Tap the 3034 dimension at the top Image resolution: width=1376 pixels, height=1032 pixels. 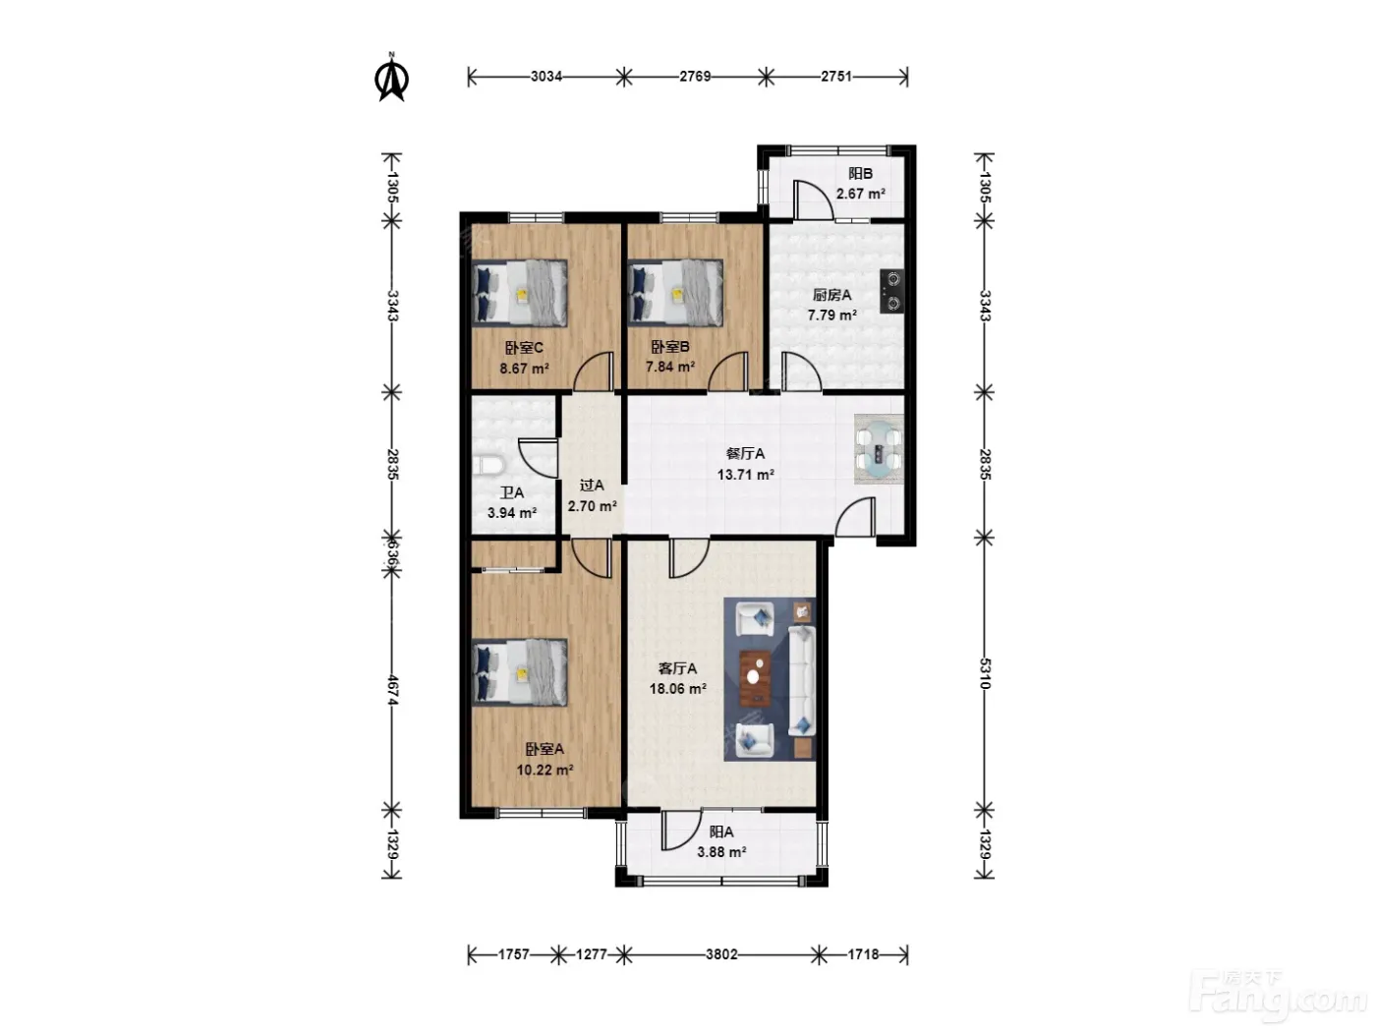coord(546,77)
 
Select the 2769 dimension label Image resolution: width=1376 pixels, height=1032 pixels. coord(695,77)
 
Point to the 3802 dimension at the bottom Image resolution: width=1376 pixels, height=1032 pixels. coord(721,954)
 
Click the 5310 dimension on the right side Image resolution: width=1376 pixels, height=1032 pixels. coord(984,673)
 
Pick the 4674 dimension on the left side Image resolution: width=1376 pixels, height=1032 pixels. coord(392,690)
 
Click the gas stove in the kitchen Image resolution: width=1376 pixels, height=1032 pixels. coord(892,291)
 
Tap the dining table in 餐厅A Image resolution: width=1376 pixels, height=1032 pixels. coord(879,448)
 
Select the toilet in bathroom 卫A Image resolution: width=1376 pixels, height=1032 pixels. coord(488,466)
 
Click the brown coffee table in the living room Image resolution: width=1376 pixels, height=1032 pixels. coord(756,677)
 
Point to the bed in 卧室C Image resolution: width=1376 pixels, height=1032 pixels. coord(520,293)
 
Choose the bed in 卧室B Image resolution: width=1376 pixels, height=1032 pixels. coord(676,293)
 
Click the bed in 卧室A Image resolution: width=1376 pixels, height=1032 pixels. coord(520,672)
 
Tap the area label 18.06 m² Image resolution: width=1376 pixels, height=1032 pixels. coord(677,689)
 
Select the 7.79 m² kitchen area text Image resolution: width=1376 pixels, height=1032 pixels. coord(831,315)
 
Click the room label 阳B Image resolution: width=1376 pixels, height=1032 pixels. coord(860,174)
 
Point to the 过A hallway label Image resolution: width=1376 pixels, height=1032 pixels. coord(592,485)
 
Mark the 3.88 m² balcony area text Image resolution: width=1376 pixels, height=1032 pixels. coord(721,852)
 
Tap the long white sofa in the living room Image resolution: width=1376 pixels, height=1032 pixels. coord(802,680)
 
